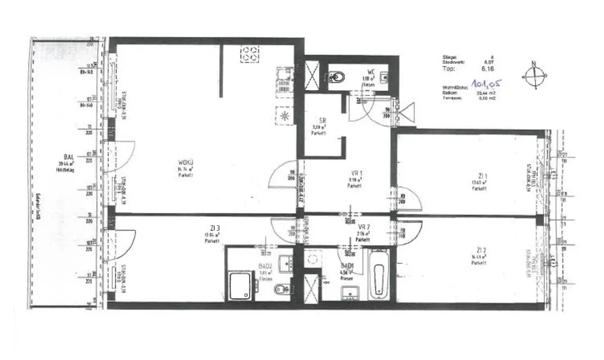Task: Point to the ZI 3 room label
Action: (215, 228)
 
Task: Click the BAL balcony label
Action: (65, 157)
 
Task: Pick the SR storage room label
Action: (322, 121)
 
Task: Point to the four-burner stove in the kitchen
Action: (250, 54)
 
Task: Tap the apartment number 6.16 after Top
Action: (488, 69)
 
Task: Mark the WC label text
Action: (370, 72)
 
